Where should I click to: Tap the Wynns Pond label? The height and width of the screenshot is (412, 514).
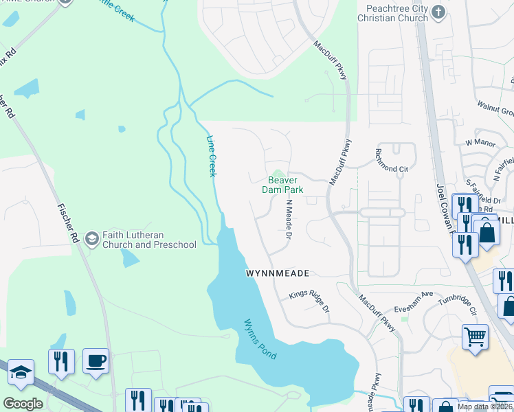[x=259, y=339]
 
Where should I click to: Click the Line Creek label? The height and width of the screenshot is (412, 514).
[x=212, y=155]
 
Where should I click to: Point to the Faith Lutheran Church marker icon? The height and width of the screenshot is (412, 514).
[x=91, y=238]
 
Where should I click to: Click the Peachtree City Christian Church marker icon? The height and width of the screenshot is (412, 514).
[x=440, y=12]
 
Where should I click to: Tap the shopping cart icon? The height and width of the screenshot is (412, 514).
[x=475, y=336]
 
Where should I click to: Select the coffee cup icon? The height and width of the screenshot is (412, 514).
[x=96, y=360]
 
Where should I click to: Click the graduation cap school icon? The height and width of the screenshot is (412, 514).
[x=21, y=373]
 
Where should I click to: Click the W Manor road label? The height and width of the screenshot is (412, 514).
[x=480, y=142]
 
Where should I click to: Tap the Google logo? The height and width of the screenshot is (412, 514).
[x=23, y=404]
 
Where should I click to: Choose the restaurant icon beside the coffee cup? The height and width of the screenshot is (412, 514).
[x=61, y=360]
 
